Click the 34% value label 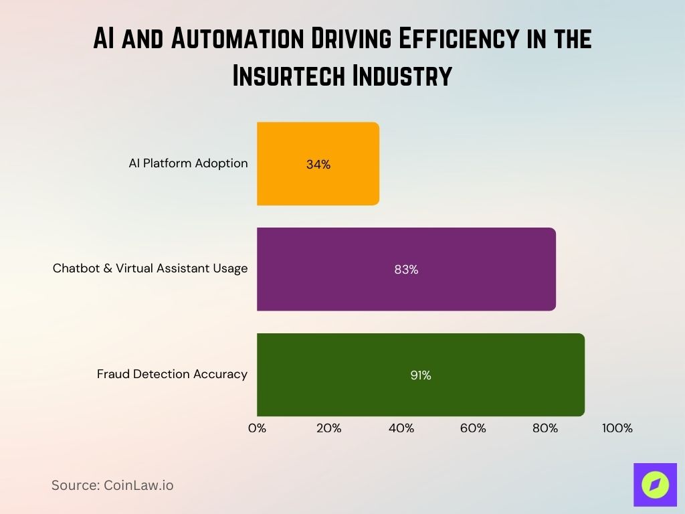pyautogui.click(x=318, y=164)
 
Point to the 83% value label pyautogui.click(x=406, y=270)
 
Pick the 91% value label pyautogui.click(x=421, y=375)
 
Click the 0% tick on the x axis pyautogui.click(x=257, y=428)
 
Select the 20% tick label pyautogui.click(x=328, y=428)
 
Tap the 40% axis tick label pyautogui.click(x=401, y=428)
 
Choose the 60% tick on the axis pyautogui.click(x=473, y=428)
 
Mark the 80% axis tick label pyautogui.click(x=545, y=428)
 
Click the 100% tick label pyautogui.click(x=616, y=428)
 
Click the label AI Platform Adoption pyautogui.click(x=188, y=163)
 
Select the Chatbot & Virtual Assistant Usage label pyautogui.click(x=150, y=268)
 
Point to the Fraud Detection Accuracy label pyautogui.click(x=172, y=374)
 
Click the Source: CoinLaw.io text pyautogui.click(x=112, y=485)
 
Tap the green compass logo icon pyautogui.click(x=655, y=485)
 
